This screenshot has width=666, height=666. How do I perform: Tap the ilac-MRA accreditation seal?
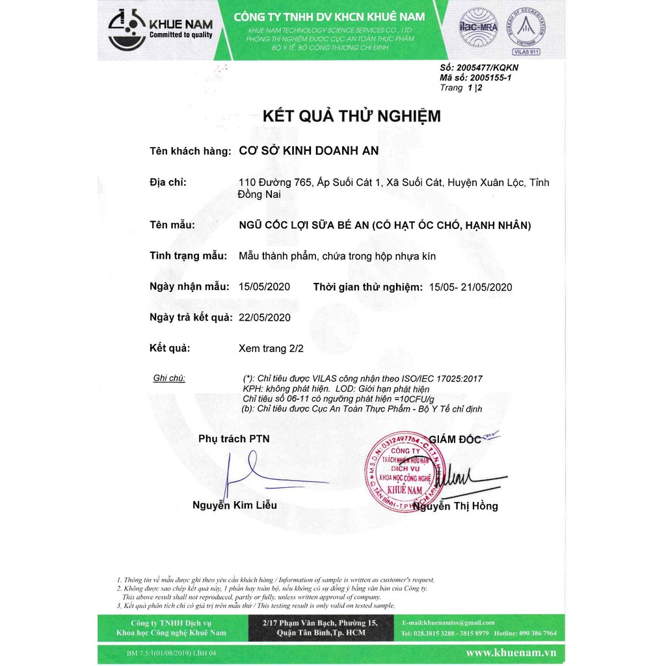tap(479, 27)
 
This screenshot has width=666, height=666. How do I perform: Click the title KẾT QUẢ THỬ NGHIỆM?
tap(351, 116)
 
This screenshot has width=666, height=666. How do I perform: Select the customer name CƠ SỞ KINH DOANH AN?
tap(309, 151)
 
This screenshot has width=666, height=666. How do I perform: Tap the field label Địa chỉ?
tap(168, 182)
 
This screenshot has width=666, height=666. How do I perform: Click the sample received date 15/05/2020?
tap(265, 287)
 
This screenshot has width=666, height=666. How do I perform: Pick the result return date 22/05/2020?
tap(265, 317)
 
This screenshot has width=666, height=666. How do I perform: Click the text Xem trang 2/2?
tap(271, 349)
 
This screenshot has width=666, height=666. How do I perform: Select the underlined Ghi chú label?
tap(169, 379)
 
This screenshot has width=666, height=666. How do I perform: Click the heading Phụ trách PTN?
tap(233, 439)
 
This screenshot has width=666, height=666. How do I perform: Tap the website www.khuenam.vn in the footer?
tap(511, 652)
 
